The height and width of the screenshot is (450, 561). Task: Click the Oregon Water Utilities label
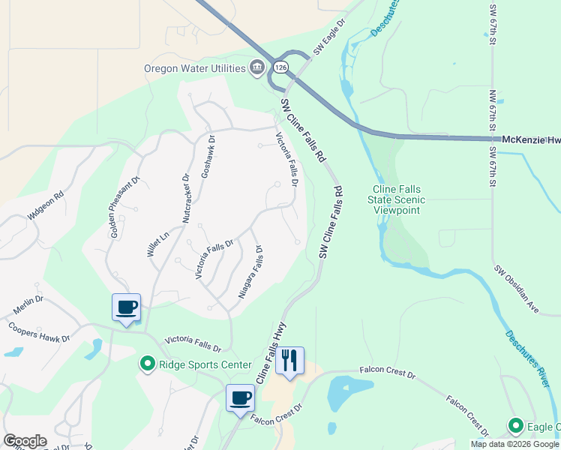[195, 69]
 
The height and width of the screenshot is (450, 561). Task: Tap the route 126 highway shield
[280, 66]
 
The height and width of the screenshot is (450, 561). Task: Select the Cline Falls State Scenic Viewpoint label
[397, 199]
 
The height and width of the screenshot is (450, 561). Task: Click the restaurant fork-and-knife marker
[289, 361]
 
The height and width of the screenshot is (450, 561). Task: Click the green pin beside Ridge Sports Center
[147, 365]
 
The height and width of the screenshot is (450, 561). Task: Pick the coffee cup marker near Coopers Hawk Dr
[126, 307]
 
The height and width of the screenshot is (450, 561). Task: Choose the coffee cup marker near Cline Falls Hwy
[241, 397]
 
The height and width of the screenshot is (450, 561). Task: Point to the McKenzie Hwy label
[530, 139]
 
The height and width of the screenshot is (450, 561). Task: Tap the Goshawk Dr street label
[207, 157]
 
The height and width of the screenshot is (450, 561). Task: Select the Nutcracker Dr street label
[187, 198]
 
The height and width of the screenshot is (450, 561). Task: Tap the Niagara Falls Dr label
[250, 272]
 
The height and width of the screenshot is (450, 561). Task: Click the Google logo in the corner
[25, 441]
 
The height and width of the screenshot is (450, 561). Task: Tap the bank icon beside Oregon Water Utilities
[257, 68]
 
